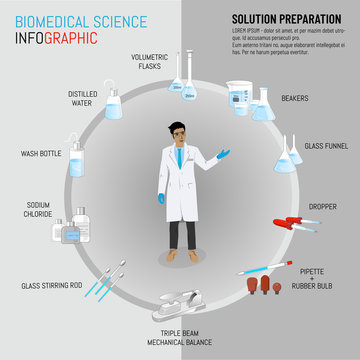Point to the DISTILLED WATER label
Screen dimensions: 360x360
click(x=82, y=99)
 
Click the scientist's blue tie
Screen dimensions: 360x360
click(x=179, y=157)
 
